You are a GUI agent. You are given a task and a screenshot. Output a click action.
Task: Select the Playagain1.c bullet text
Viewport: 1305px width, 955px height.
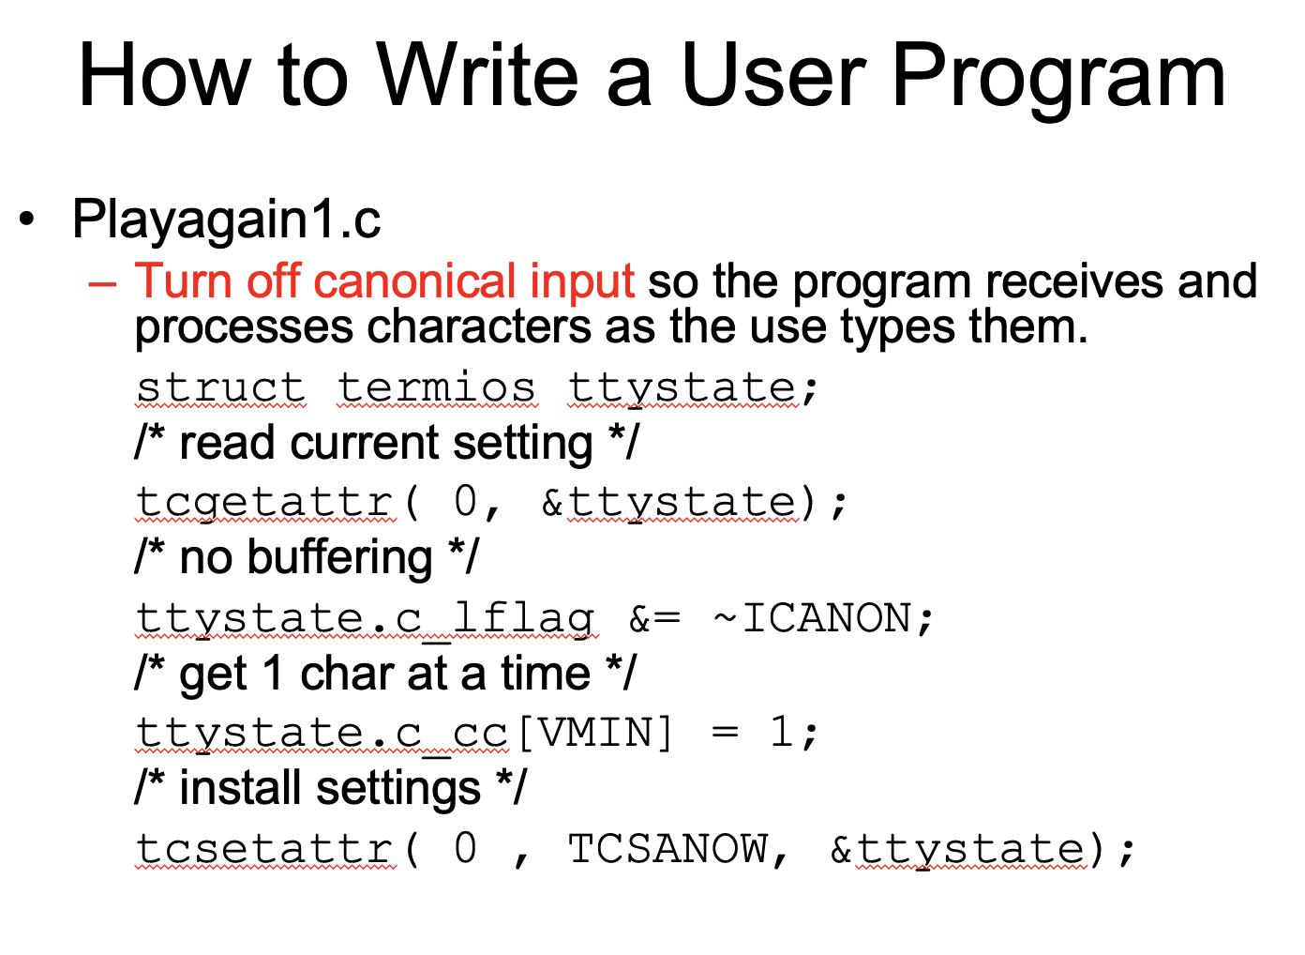tap(226, 220)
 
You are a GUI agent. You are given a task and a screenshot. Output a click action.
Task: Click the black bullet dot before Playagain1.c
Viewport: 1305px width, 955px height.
tap(29, 220)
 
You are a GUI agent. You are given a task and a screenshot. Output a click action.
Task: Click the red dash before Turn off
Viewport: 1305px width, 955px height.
tap(102, 282)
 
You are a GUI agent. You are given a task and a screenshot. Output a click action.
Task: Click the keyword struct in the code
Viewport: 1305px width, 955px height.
tap(220, 387)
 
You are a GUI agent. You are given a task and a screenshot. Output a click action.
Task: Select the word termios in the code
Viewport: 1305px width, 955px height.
tap(437, 387)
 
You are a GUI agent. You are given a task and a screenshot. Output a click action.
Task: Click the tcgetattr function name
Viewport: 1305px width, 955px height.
tap(264, 501)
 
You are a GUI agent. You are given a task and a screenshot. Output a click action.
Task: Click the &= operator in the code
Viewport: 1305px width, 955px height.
tap(654, 618)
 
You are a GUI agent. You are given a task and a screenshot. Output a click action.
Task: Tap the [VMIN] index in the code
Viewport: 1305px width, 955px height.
tap(594, 733)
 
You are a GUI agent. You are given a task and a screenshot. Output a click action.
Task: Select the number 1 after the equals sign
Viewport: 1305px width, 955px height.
tap(780, 733)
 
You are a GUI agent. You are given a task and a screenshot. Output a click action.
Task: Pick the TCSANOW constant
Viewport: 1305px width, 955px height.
tap(667, 849)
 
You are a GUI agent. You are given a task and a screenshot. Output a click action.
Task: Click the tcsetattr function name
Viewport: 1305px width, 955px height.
tap(264, 849)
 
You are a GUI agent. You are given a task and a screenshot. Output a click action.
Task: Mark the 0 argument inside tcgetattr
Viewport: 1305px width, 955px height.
tap(465, 501)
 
